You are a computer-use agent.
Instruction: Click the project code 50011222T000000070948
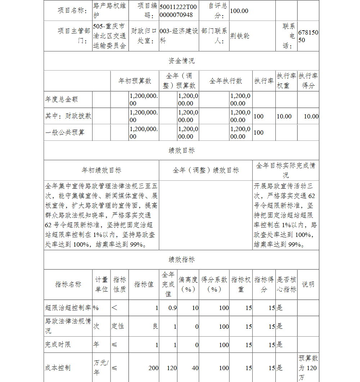tap(179, 11)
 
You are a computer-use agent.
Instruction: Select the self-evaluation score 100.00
tap(239, 11)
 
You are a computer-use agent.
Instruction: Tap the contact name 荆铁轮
tap(240, 36)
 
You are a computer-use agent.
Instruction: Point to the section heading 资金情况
tap(181, 61)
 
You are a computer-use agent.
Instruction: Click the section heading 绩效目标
tap(181, 150)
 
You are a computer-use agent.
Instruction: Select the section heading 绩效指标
tap(181, 260)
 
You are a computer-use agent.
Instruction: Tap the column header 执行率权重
tap(287, 81)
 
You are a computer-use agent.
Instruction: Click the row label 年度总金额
tap(62, 99)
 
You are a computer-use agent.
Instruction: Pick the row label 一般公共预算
tap(65, 132)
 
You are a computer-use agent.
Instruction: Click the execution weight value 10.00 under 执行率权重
tap(284, 116)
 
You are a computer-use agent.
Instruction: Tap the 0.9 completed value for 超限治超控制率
tap(172, 308)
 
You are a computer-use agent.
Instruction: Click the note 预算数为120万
tap(308, 368)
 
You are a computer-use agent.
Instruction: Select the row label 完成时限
tap(58, 345)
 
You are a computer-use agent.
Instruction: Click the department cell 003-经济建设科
tap(179, 36)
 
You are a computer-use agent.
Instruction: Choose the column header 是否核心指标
tap(287, 284)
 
